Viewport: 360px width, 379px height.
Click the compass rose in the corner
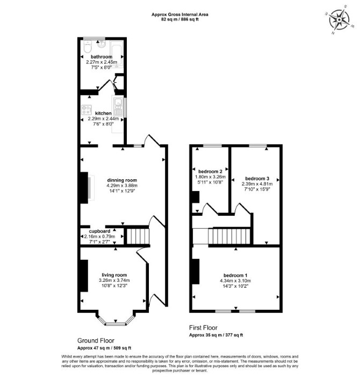[x=339, y=19]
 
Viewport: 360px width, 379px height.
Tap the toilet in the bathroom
[x=88, y=46]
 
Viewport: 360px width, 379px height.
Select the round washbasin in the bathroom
[x=101, y=44]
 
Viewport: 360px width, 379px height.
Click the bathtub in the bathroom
[x=117, y=54]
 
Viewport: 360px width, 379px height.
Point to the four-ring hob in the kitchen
[x=87, y=110]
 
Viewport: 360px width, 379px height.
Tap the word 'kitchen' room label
[x=103, y=113]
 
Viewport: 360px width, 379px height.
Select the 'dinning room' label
[x=122, y=180]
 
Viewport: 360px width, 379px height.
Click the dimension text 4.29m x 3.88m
[x=122, y=186]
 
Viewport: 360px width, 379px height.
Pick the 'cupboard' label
[x=100, y=231]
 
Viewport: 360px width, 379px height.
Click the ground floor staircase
[x=138, y=236]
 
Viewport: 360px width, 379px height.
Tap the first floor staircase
[x=229, y=236]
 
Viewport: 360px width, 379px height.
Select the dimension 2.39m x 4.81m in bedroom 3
[x=257, y=184]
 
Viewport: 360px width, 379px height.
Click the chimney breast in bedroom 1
[x=196, y=271]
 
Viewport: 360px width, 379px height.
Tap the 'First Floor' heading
[x=203, y=327]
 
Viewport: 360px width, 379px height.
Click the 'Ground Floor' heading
[x=96, y=340]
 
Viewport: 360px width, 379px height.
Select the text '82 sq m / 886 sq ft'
[x=180, y=19]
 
